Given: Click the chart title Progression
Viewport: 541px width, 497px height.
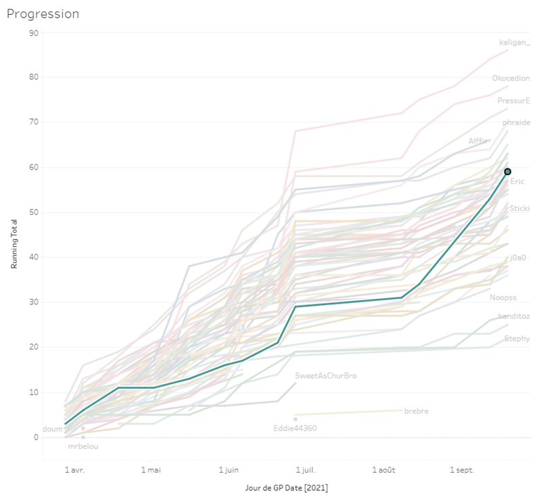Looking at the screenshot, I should pyautogui.click(x=43, y=14).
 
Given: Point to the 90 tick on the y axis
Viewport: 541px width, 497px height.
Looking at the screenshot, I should pyautogui.click(x=34, y=32).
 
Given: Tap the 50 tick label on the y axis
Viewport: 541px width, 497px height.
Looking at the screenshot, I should pyautogui.click(x=34, y=212).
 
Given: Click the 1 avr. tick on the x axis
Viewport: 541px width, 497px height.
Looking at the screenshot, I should pyautogui.click(x=75, y=469).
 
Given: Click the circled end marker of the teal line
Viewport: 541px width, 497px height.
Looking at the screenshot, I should pyautogui.click(x=507, y=172).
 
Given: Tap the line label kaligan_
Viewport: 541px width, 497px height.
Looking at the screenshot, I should pyautogui.click(x=515, y=43).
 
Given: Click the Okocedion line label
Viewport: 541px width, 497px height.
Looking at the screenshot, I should pyautogui.click(x=511, y=78).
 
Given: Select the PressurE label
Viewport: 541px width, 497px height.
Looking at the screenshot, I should pyautogui.click(x=513, y=101).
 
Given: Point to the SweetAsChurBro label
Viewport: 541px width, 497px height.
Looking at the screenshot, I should pyautogui.click(x=326, y=375).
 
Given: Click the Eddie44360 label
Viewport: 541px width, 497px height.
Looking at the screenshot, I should pyautogui.click(x=295, y=428).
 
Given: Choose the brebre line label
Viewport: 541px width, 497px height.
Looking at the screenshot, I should pyautogui.click(x=416, y=411).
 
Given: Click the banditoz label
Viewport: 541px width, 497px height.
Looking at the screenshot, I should pyautogui.click(x=514, y=316).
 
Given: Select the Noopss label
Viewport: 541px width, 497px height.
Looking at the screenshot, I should pyautogui.click(x=503, y=298).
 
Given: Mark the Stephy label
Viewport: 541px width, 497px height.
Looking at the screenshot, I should pyautogui.click(x=517, y=339).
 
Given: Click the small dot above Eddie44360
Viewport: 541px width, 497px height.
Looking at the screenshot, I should pyautogui.click(x=296, y=419).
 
